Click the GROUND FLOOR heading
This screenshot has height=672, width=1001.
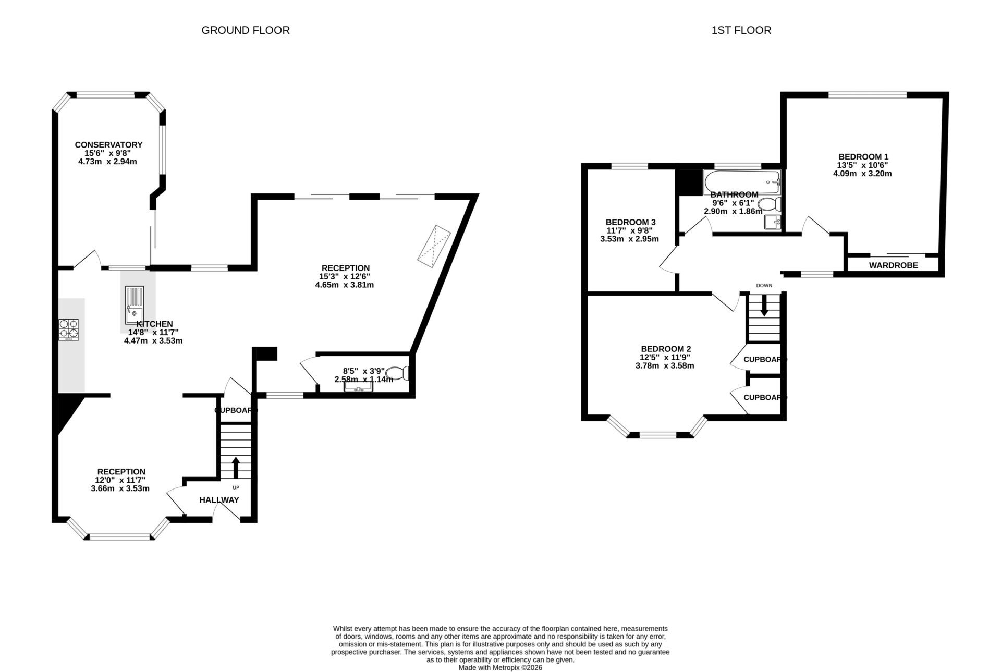pos(246,30)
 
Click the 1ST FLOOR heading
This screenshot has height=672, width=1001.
pos(741,30)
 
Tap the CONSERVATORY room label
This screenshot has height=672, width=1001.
pos(108,144)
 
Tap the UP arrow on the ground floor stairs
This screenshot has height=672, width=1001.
pos(236,467)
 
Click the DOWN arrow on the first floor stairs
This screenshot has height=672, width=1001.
pos(764,305)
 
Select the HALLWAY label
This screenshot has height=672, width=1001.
pos(219,500)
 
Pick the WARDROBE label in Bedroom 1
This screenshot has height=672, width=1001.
pos(893,265)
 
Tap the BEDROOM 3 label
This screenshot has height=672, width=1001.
pos(630,222)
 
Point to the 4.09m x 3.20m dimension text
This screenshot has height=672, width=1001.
pos(863,174)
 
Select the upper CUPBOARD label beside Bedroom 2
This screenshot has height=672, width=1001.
pos(764,359)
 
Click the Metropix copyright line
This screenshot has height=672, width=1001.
pos(500,667)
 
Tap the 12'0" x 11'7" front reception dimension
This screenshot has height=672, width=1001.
pos(120,480)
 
